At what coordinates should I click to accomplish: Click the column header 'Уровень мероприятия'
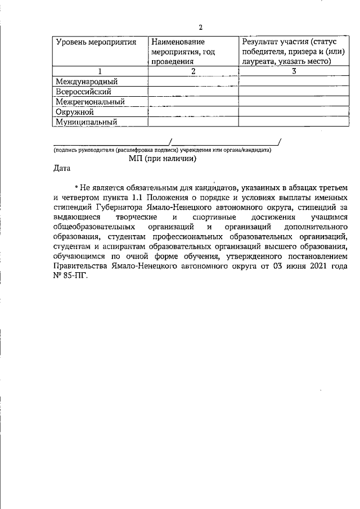pyautogui.click(x=96, y=42)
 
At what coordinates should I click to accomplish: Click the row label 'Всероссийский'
pyautogui.click(x=83, y=92)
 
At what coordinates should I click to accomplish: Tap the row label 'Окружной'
pyautogui.click(x=74, y=111)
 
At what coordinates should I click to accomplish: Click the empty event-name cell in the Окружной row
pyautogui.click(x=192, y=111)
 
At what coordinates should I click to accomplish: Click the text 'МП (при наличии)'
pyautogui.click(x=162, y=159)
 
